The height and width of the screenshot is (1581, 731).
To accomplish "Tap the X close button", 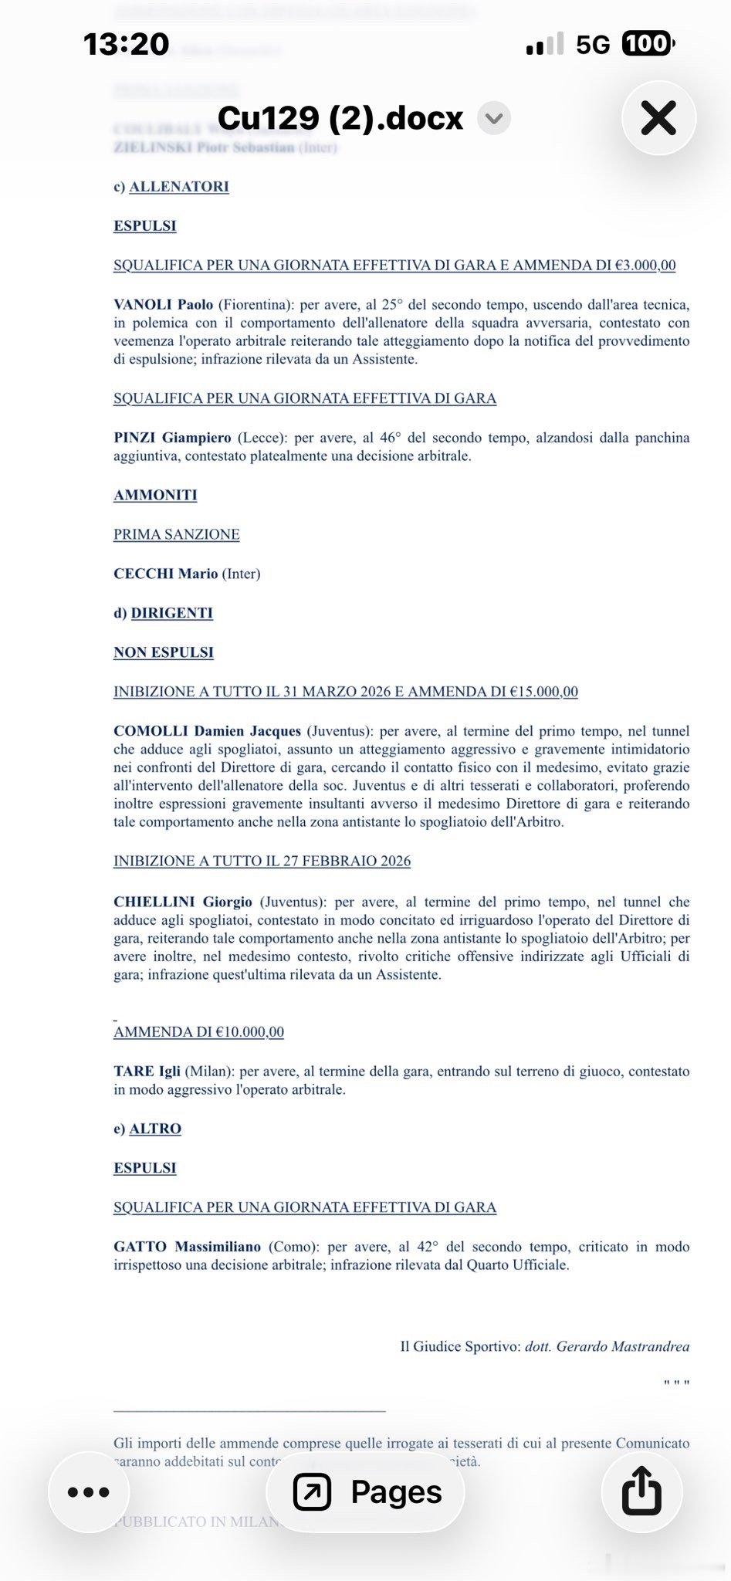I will pyautogui.click(x=658, y=118).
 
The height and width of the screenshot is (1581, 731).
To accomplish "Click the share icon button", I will pyautogui.click(x=641, y=1491).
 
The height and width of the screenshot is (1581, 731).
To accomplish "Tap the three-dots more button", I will pyautogui.click(x=89, y=1491).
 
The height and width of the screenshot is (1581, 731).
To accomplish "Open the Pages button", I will pyautogui.click(x=366, y=1491).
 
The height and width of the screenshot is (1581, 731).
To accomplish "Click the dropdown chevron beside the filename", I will pyautogui.click(x=494, y=118).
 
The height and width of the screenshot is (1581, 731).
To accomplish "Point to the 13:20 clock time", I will pyautogui.click(x=126, y=44).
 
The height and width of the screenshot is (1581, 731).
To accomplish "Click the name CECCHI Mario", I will pyautogui.click(x=165, y=574).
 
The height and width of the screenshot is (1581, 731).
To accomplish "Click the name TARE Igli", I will pyautogui.click(x=147, y=1071).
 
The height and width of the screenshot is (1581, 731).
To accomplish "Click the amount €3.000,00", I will pyautogui.click(x=645, y=266).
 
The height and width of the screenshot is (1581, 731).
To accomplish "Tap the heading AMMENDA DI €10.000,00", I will pyautogui.click(x=198, y=1032).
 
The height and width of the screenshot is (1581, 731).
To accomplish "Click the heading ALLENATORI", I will pyautogui.click(x=179, y=187).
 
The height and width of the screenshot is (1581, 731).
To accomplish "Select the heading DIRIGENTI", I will pyautogui.click(x=171, y=613).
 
